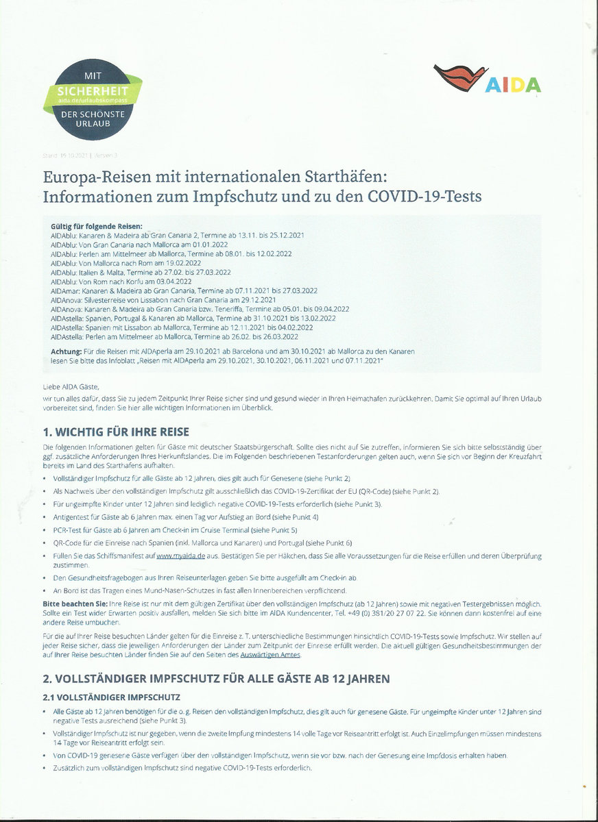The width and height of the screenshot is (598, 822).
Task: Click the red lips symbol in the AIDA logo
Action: pyautogui.click(x=459, y=76)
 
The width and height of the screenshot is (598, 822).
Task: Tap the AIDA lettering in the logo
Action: pyautogui.click(x=513, y=84)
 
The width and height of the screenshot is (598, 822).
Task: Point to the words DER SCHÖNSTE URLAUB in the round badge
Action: pyautogui.click(x=93, y=119)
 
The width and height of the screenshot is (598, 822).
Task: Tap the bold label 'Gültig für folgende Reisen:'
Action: pyautogui.click(x=96, y=226)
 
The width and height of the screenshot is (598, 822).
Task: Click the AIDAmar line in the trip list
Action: pyautogui.click(x=184, y=290)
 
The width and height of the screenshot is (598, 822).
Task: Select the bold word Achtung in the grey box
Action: pyautogui.click(x=67, y=351)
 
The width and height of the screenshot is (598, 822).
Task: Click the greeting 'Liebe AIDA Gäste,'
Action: pyautogui.click(x=71, y=387)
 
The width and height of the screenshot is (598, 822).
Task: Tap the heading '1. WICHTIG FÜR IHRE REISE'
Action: pyautogui.click(x=115, y=432)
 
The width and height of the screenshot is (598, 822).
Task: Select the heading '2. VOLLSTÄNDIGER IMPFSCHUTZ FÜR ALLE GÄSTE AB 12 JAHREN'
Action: pyautogui.click(x=216, y=679)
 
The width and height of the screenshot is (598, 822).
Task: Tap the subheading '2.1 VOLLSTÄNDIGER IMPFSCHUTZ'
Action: pyautogui.click(x=111, y=697)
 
